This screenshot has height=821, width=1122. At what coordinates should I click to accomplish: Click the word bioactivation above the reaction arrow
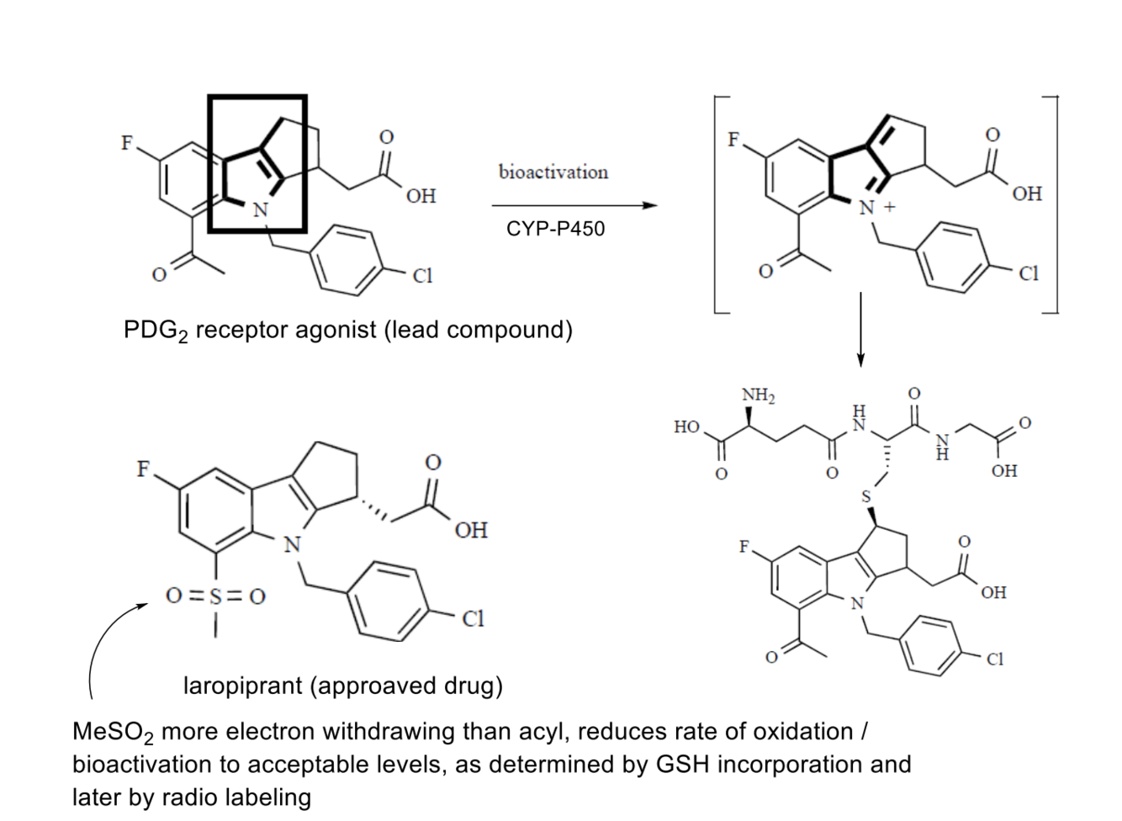[x=553, y=172]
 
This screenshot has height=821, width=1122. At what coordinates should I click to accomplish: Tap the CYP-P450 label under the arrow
[x=555, y=229]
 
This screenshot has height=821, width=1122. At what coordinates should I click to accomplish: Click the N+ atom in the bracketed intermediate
[x=870, y=208]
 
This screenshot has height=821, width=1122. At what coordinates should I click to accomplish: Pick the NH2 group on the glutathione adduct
[x=758, y=395]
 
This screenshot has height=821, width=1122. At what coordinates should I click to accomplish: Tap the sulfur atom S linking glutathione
[x=866, y=497]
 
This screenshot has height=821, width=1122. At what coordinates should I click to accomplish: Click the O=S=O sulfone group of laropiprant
[x=215, y=596]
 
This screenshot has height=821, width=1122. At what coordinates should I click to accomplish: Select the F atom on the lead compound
[x=127, y=142]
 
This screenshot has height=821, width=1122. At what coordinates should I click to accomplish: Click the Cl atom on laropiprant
[x=473, y=619]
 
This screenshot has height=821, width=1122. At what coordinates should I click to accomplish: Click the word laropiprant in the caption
[x=243, y=686]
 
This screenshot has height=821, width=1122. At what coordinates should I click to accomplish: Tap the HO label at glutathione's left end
[x=686, y=427]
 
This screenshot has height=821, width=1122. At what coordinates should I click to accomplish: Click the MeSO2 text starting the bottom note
[x=113, y=733]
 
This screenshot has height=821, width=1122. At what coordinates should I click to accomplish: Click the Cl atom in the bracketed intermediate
[x=1028, y=273]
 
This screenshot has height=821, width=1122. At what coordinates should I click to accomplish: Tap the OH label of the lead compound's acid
[x=421, y=196]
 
